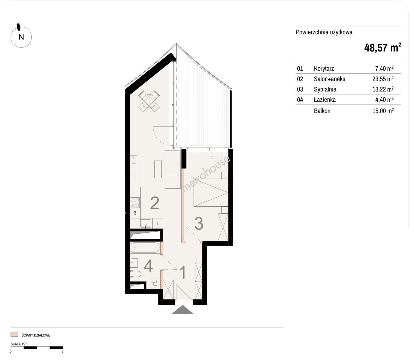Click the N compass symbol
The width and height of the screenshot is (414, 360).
(21, 36)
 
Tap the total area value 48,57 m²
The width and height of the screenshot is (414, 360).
(383, 48)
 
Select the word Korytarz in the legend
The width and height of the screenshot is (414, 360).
(324, 69)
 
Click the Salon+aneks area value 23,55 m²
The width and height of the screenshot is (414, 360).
(383, 79)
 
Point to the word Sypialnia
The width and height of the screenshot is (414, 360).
(325, 89)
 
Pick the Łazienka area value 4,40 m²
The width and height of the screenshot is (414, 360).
(384, 99)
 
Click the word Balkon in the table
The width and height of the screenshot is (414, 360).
(322, 111)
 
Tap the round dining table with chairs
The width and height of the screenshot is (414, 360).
(149, 101)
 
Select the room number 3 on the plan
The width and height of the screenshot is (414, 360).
(199, 223)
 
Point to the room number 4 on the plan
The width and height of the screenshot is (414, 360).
(148, 266)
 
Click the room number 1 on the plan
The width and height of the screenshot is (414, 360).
(183, 272)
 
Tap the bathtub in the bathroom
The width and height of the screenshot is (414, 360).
(145, 247)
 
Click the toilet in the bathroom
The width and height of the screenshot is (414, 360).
(135, 274)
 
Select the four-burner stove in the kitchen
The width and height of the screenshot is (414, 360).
(135, 203)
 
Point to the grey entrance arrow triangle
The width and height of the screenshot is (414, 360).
(183, 309)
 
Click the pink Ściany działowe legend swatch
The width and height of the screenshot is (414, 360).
(14, 335)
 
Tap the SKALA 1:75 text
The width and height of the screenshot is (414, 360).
(19, 344)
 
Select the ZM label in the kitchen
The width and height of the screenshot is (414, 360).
(135, 213)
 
